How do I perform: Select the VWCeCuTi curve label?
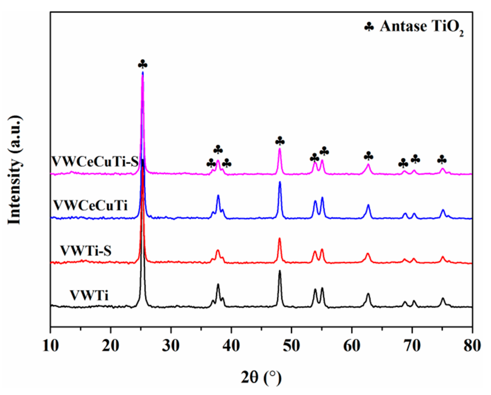[x=91, y=205]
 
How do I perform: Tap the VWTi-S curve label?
[x=86, y=251]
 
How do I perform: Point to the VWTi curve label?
[x=89, y=296]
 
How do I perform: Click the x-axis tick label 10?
[x=51, y=346]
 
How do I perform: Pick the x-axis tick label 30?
[x=171, y=346]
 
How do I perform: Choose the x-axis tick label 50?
[x=291, y=346]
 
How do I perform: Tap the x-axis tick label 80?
[x=472, y=346]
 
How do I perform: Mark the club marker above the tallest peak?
[x=143, y=64]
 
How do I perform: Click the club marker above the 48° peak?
[x=280, y=141]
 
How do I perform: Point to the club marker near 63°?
[x=368, y=156]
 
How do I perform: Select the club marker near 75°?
[x=442, y=160]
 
